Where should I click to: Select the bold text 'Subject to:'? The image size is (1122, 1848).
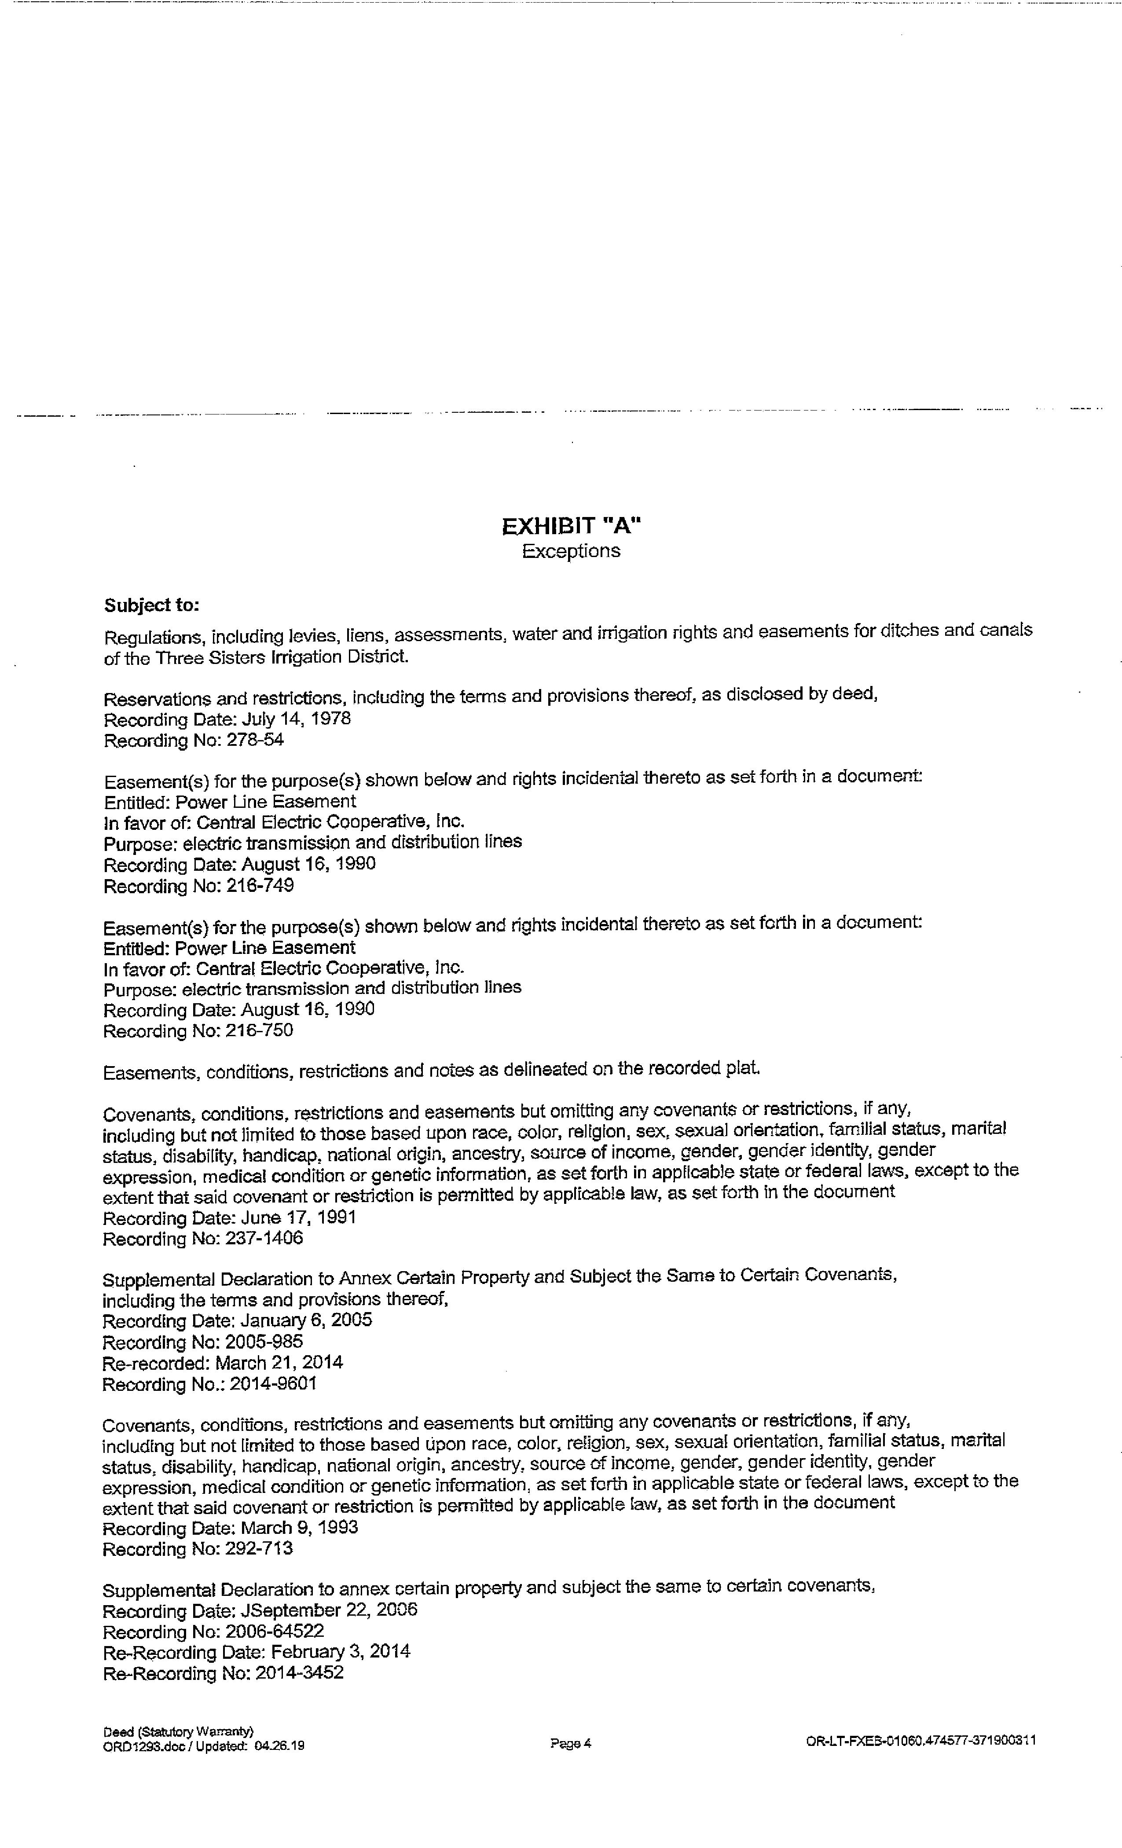click(x=151, y=605)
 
